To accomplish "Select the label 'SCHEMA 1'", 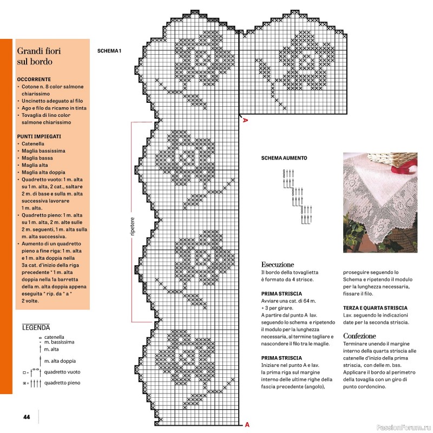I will (109, 51).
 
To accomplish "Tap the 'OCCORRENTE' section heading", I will (34, 78).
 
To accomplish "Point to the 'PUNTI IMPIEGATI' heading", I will (39, 136).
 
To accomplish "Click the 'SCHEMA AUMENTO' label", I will (284, 158).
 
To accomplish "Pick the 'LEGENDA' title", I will (36, 327).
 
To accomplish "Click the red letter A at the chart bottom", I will (247, 424).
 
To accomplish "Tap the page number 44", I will (26, 417).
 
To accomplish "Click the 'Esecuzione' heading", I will (278, 265).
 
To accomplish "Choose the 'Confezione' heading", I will (359, 336).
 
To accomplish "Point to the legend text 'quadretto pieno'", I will (62, 383).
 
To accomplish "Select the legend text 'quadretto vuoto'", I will (62, 372).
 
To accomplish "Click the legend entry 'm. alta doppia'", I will (60, 360).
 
